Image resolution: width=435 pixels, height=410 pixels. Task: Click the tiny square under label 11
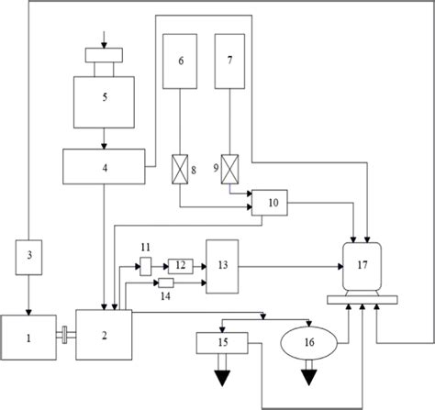(x=145, y=266)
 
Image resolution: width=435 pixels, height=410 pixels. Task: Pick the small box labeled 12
(x=179, y=266)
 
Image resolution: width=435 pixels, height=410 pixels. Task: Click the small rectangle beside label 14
(x=165, y=283)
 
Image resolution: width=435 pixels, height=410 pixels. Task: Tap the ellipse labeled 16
(x=309, y=344)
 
